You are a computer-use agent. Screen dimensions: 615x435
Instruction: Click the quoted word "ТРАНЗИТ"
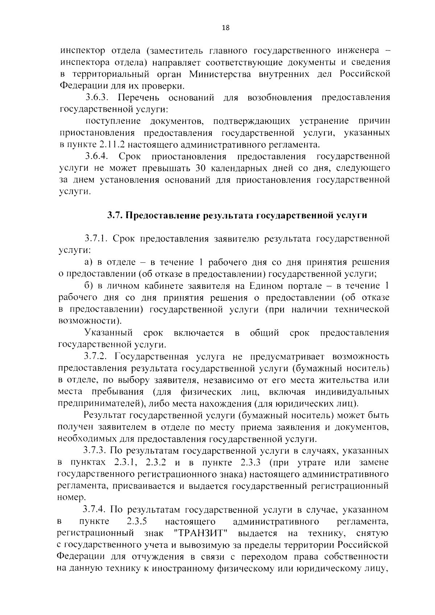coord(200,533)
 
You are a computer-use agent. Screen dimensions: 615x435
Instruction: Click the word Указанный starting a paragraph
coord(108,333)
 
